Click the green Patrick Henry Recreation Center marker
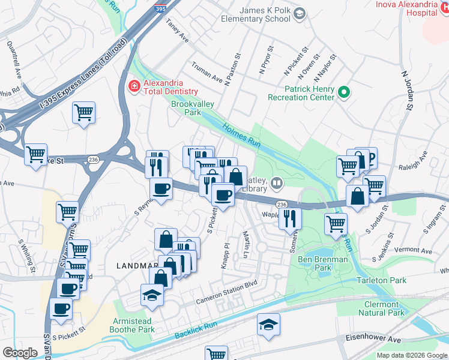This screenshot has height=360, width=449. pos(343,92)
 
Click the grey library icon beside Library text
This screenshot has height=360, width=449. pos(277,182)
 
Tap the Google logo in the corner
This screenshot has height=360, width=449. pos(20,352)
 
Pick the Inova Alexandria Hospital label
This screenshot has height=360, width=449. pos(415,8)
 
